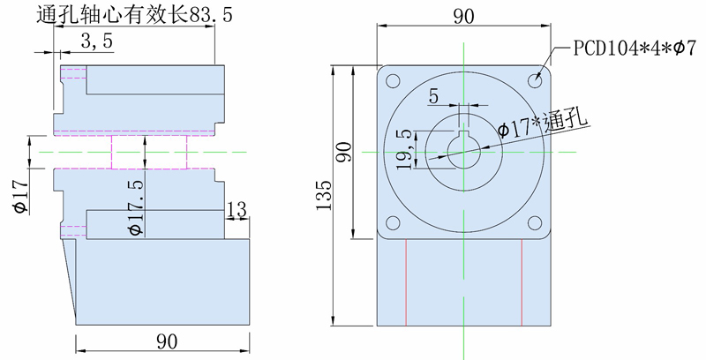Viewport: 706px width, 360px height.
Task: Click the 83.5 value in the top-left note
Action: coord(211,15)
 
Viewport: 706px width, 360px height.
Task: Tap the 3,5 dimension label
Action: coord(97,41)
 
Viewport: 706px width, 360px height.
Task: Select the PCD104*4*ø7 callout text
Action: coord(635,49)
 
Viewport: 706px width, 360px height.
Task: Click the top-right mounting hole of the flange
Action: coord(535,81)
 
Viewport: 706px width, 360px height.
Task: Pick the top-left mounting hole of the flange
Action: coord(393,81)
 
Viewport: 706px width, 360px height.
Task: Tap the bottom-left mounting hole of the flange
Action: coord(393,222)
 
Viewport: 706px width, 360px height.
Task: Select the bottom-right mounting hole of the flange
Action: coord(535,222)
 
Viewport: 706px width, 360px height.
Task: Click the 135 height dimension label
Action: coord(324,195)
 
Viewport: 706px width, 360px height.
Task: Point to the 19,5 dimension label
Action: coord(404,149)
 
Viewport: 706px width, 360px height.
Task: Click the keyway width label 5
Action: coord(433,96)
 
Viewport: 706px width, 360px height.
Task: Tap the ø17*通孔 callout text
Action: coord(543,124)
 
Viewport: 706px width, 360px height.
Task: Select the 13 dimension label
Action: coord(237,209)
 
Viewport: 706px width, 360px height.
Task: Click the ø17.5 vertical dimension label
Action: coord(136,207)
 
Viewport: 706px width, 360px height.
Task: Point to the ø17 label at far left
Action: coord(19,196)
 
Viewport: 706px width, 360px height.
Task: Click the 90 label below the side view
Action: coord(167,342)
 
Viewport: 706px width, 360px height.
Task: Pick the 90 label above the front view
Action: coord(464,17)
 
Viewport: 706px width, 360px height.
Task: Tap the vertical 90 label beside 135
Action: coord(343,152)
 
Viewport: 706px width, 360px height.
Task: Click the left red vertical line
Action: coord(406,282)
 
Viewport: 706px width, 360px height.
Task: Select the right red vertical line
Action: coord(522,282)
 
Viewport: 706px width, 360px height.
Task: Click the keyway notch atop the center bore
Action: coord(464,133)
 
